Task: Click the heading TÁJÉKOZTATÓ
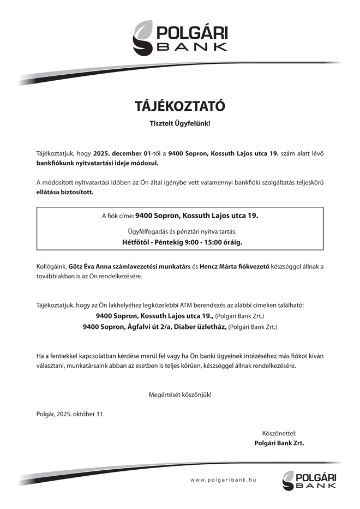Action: (179, 105)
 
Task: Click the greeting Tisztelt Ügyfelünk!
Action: (179, 124)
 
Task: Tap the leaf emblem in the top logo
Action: (145, 37)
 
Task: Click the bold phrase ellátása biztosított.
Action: (65, 192)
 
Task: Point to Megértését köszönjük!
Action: (179, 394)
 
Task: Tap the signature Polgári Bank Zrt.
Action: (279, 443)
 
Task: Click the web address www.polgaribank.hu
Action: (224, 480)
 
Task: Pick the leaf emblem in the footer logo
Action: (289, 480)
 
